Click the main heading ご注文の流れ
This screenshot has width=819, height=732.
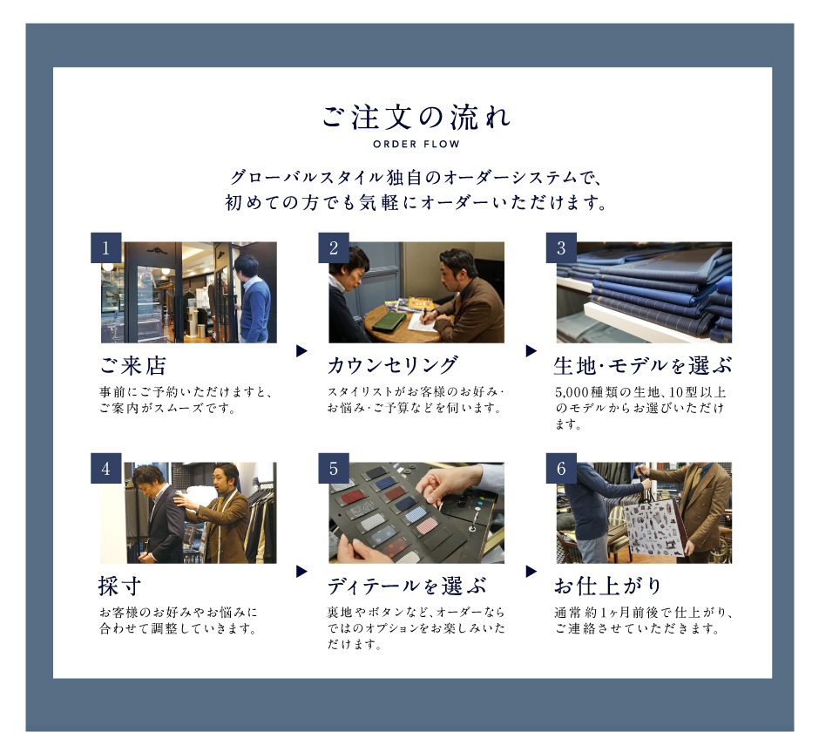coord(416,117)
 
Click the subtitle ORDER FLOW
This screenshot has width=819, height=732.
coord(416,144)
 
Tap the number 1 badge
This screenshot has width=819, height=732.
coord(106,247)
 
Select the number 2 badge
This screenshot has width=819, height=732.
coord(334,247)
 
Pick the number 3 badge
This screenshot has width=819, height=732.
coord(561,247)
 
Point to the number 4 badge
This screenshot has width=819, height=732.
coord(106,468)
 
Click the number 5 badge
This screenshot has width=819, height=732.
coord(334,468)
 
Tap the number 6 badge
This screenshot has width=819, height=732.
coord(561,468)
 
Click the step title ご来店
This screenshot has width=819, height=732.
coord(132,366)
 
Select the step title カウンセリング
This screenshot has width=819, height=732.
coord(393,365)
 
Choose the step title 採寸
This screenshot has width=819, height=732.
coord(119,586)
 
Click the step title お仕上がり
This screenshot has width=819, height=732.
coord(608,586)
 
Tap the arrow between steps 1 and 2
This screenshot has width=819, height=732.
coord(301,350)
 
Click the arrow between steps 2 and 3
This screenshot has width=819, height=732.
coord(531,350)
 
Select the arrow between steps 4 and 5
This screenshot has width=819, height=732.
coord(301,571)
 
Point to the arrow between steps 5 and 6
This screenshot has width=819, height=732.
coord(531,571)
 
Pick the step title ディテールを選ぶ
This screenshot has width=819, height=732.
coord(406,586)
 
